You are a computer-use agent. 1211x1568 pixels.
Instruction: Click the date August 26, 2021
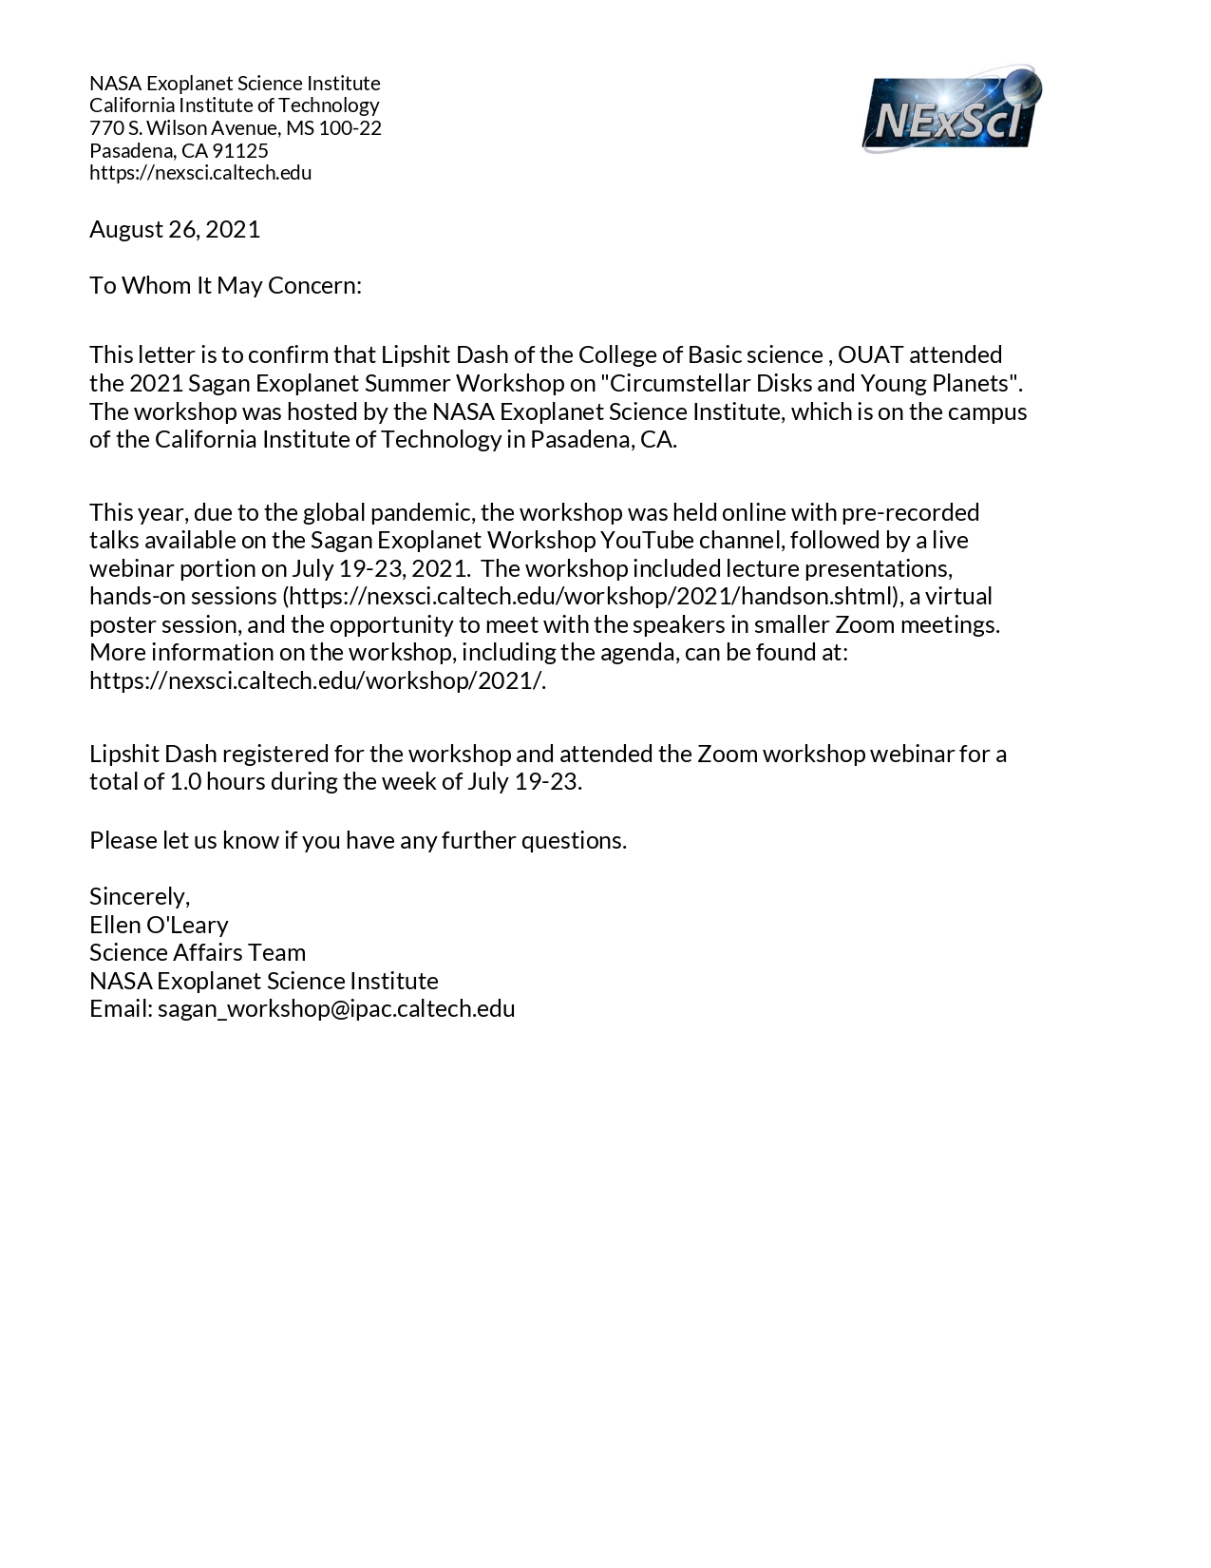(x=175, y=229)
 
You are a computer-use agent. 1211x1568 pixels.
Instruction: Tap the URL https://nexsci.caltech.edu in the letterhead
(x=200, y=172)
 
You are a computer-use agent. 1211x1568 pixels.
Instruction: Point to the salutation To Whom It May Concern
(x=225, y=285)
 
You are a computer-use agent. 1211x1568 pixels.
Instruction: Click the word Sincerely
(x=139, y=896)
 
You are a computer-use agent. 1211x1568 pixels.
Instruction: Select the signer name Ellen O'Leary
(x=159, y=925)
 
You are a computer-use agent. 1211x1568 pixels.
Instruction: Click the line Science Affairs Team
(x=198, y=952)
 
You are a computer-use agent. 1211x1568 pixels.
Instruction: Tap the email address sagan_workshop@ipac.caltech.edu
(x=336, y=1008)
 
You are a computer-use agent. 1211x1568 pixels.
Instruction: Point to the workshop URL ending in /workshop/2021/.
(x=317, y=680)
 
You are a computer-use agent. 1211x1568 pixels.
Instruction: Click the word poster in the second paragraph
(x=120, y=624)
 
